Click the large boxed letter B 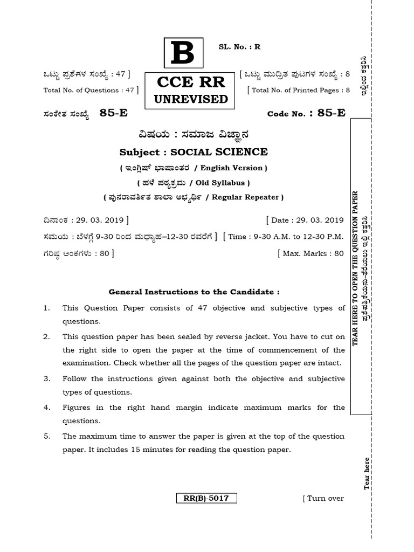[x=183, y=53]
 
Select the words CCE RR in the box [x=191, y=82]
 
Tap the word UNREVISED [x=191, y=99]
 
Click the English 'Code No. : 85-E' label [x=306, y=113]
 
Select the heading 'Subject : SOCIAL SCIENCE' [x=193, y=152]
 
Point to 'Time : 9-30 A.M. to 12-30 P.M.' [x=286, y=237]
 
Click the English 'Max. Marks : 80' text [x=313, y=253]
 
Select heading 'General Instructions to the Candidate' [x=194, y=292]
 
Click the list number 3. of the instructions [x=47, y=379]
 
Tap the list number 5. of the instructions [x=47, y=436]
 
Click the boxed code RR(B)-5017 [x=206, y=498]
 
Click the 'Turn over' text [x=325, y=498]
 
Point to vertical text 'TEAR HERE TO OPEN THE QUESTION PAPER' [x=355, y=268]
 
